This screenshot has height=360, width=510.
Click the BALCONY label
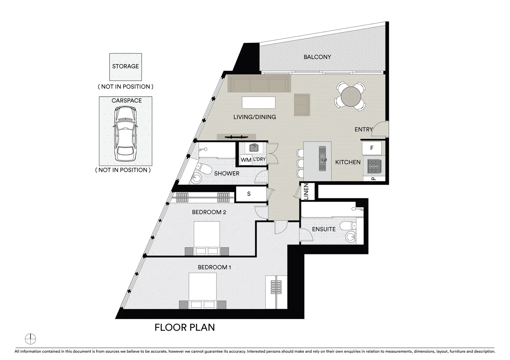(317, 57)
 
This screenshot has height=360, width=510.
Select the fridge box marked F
(372, 148)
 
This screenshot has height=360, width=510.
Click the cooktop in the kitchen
(373, 166)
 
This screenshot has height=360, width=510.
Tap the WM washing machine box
(246, 160)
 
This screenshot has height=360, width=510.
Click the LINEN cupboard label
(306, 192)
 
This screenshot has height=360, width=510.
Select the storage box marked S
(249, 194)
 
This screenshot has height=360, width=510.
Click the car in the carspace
(125, 134)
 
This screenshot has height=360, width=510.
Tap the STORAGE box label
(125, 66)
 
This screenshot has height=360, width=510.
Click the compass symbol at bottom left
(30, 339)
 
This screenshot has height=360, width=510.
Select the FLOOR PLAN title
(184, 327)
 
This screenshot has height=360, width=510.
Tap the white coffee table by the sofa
(259, 102)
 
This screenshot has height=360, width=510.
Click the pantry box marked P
(374, 179)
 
